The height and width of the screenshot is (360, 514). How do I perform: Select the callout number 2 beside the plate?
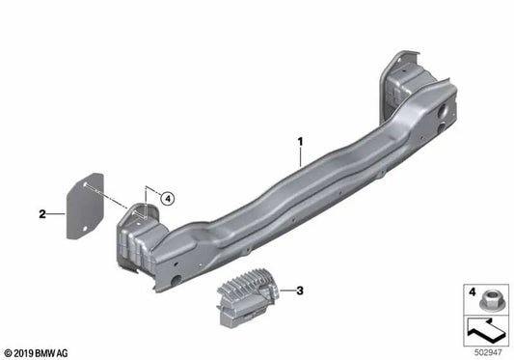point(42,214)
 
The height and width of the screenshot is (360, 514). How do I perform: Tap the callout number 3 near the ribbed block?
point(300,290)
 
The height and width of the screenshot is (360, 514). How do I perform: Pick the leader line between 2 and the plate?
point(56,214)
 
